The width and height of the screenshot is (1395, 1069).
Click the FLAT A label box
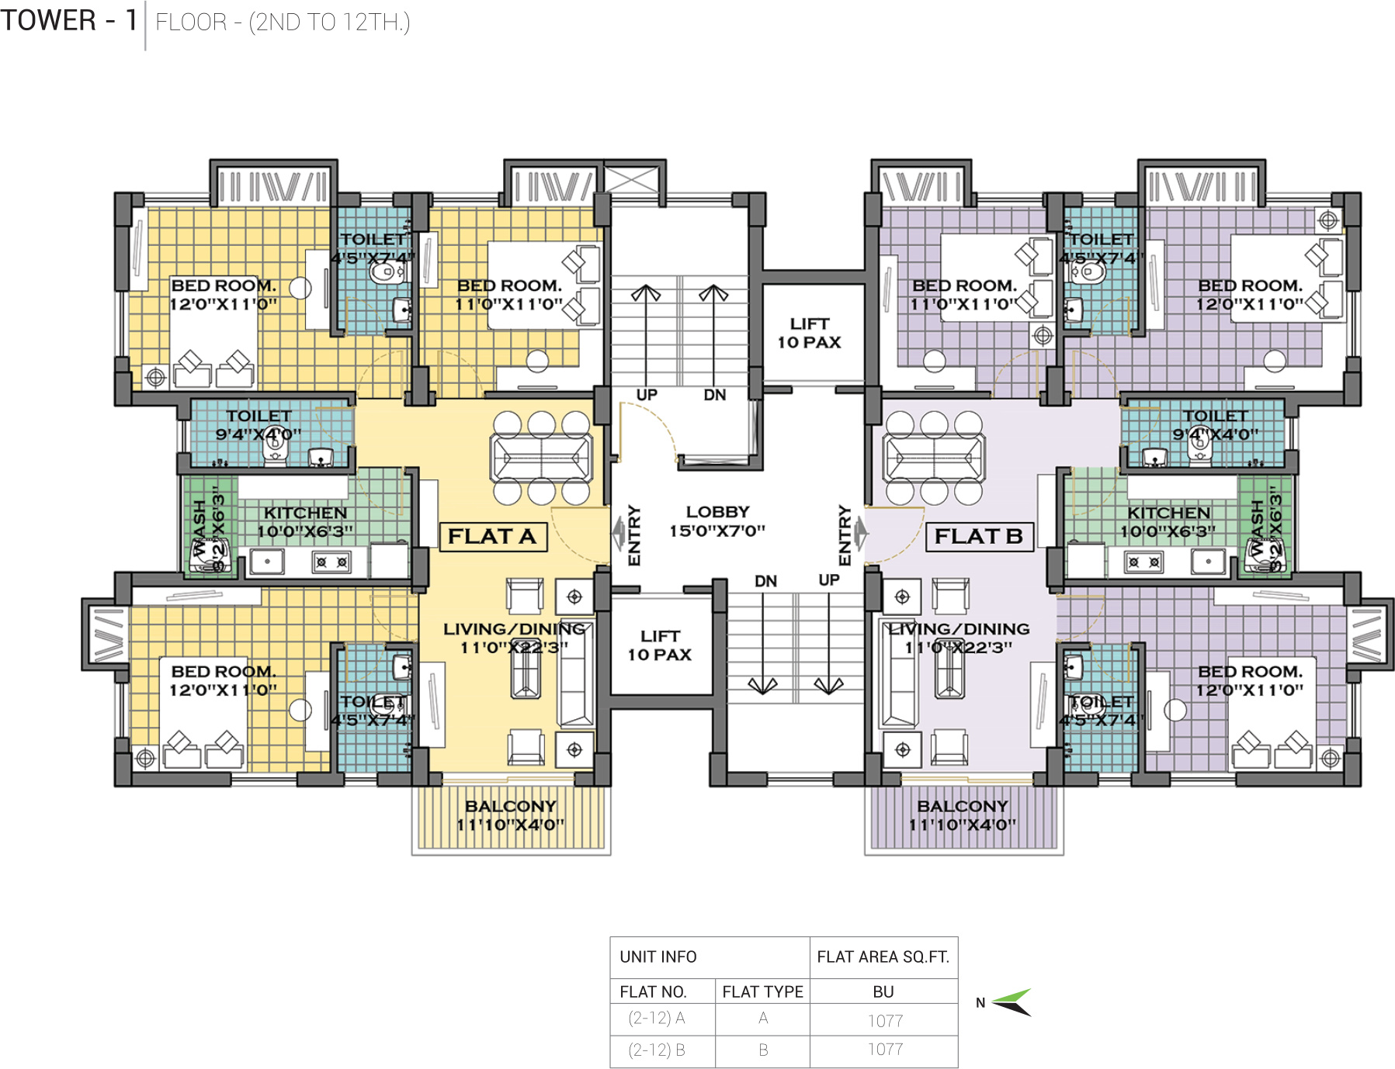pos(493,536)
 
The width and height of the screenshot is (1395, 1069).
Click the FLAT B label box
pos(979,536)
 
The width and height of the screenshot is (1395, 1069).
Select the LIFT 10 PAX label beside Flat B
pos(810,333)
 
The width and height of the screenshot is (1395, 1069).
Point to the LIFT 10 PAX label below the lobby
pos(660,645)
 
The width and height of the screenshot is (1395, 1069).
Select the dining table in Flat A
pos(541,458)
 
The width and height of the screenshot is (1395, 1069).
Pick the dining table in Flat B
pos(934,458)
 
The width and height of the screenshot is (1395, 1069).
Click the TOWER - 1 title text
pos(68,21)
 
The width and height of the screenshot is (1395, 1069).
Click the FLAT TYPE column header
pos(762,991)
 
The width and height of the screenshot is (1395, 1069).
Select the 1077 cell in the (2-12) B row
pos(885,1050)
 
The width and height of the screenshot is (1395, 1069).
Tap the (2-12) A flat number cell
pos(657,1018)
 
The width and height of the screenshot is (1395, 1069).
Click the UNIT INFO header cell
pos(658,957)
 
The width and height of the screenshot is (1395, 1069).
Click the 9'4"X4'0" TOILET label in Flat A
pos(259,425)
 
